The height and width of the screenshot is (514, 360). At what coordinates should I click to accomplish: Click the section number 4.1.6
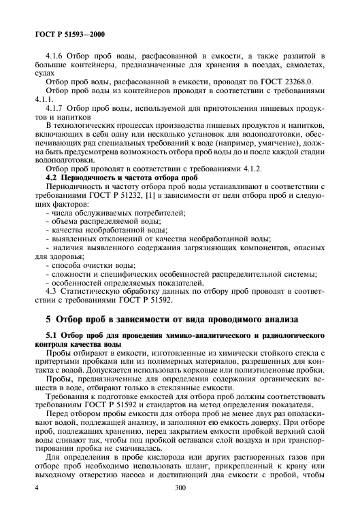pyautogui.click(x=54, y=55)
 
